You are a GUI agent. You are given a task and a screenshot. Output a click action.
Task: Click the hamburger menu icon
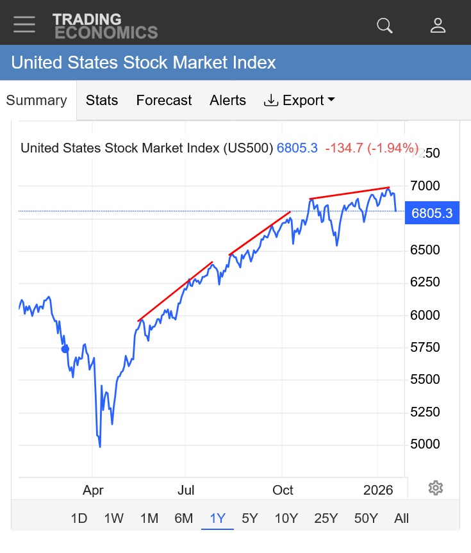point(24,24)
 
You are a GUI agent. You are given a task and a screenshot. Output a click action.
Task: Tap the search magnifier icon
point(384,25)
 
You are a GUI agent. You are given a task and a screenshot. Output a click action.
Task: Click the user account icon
point(438,25)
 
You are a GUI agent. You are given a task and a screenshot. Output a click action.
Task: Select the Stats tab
point(102,101)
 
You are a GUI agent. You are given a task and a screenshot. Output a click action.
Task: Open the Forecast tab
point(164,101)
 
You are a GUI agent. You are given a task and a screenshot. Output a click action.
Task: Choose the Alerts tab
point(227,101)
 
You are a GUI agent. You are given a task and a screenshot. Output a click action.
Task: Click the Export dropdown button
point(300,101)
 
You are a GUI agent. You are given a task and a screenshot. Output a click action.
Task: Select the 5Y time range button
point(250,518)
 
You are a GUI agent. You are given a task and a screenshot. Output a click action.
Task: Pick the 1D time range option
point(79,518)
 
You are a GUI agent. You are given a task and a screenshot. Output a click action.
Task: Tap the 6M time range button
point(183,518)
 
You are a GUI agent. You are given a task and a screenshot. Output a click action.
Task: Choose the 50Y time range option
point(366,518)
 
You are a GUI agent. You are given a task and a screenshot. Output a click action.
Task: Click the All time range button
point(402,518)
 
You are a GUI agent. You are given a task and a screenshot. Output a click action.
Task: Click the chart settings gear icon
point(436,488)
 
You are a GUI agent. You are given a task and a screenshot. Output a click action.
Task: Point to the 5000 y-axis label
point(426,444)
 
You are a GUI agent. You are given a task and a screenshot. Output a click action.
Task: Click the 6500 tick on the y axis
point(426,250)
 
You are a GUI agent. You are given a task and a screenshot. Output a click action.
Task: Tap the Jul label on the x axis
point(186,491)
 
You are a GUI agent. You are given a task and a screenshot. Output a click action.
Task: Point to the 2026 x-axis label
point(378,491)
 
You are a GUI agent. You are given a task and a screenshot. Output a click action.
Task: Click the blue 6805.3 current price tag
point(432,213)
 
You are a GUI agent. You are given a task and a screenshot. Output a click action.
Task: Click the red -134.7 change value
point(344,148)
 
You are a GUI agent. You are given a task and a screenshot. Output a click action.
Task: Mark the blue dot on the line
point(64,349)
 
